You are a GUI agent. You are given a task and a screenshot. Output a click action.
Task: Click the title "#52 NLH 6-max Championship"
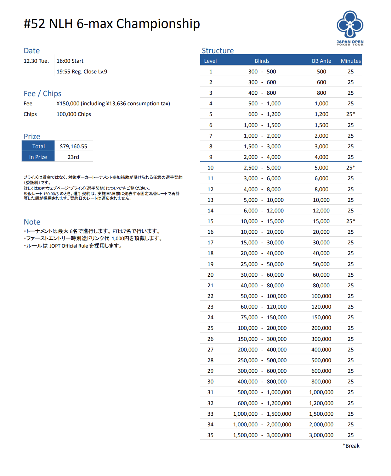[x=112, y=24]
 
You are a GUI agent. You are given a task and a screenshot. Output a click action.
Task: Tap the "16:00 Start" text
[x=70, y=61]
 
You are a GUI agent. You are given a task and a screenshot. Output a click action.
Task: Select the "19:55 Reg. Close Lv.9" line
[x=82, y=72]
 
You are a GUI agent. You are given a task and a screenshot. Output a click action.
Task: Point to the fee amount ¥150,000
[x=68, y=104]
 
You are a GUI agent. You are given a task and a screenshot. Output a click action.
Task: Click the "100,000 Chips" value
[x=74, y=114]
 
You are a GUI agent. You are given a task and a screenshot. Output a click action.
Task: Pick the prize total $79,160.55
[x=73, y=146]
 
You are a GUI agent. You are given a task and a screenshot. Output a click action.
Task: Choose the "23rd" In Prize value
[x=73, y=157]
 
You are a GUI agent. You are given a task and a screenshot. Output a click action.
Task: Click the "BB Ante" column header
[x=321, y=61]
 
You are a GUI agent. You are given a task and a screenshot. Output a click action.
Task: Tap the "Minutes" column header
[x=351, y=61]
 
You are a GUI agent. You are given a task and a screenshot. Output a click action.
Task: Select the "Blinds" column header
[x=262, y=61]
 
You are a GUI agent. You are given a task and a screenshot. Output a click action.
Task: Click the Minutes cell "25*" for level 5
[x=351, y=114]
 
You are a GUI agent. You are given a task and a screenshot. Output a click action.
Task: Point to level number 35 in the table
[x=210, y=435]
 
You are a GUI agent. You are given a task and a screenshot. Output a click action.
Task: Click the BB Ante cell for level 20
[x=321, y=275]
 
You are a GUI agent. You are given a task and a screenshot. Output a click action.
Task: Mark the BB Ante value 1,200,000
[x=321, y=403]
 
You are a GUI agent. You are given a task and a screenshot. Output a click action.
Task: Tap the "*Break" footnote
[x=351, y=446]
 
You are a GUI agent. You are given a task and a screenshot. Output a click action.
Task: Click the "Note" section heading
[x=32, y=222]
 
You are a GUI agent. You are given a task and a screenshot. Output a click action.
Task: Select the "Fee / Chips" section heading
[x=42, y=94]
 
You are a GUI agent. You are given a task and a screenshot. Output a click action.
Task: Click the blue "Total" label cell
[x=38, y=146]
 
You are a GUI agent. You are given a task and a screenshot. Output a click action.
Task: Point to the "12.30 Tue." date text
[x=36, y=61]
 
